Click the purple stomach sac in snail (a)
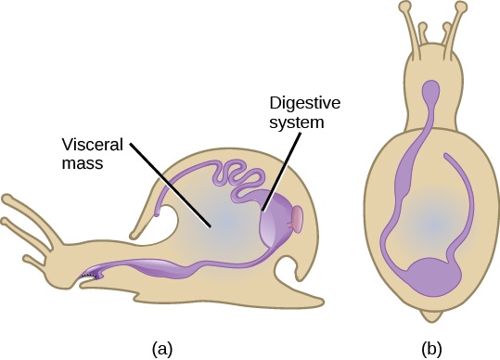coord(276,226)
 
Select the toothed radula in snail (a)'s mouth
coord(90,275)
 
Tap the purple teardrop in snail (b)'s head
coord(430,92)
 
